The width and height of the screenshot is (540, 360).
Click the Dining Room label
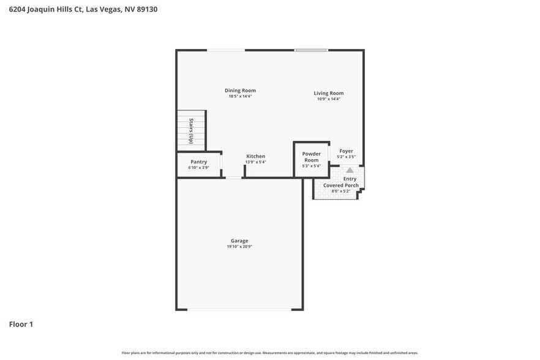pyautogui.click(x=240, y=91)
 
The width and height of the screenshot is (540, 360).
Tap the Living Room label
pyautogui.click(x=329, y=93)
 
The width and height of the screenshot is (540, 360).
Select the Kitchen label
pyautogui.click(x=255, y=157)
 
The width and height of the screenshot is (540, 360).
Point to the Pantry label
pyautogui.click(x=198, y=162)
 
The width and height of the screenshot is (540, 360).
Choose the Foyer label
pyautogui.click(x=346, y=151)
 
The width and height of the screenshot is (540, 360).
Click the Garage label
pyautogui.click(x=239, y=241)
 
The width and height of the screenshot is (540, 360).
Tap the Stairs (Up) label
pyautogui.click(x=191, y=130)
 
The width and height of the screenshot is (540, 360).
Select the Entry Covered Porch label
pyautogui.click(x=341, y=182)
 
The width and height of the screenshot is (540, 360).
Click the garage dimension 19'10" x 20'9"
pyautogui.click(x=239, y=247)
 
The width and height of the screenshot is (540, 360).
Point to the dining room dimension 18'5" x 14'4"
pyautogui.click(x=240, y=96)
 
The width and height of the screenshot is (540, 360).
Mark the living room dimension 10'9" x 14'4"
pyautogui.click(x=329, y=99)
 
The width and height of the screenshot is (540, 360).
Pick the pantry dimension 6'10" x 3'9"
pyautogui.click(x=198, y=167)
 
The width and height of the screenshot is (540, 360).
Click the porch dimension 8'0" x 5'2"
pyautogui.click(x=340, y=191)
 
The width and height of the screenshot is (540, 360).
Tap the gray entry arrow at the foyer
pyautogui.click(x=350, y=170)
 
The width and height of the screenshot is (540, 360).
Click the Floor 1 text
pyautogui.click(x=21, y=324)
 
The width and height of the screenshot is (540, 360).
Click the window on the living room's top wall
pyautogui.click(x=311, y=50)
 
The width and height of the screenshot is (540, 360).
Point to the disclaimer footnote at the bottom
pyautogui.click(x=270, y=353)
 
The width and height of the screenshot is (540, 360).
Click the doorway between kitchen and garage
pyautogui.click(x=233, y=178)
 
